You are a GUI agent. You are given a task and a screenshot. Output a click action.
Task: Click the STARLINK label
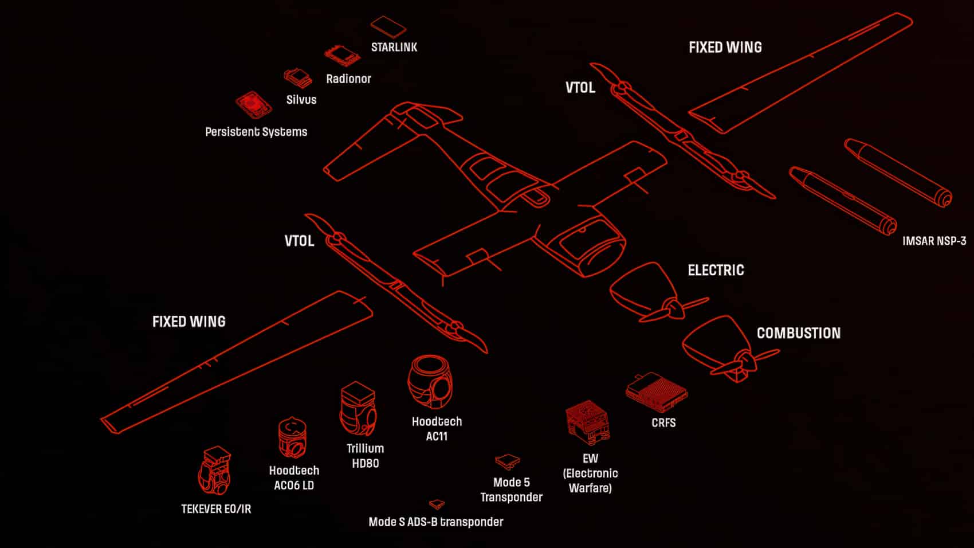click(394, 47)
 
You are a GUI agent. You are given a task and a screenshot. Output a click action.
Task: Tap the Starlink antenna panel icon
click(388, 26)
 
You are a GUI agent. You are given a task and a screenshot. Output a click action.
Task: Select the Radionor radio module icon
click(342, 56)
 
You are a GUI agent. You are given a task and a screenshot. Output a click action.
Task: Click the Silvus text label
click(301, 100)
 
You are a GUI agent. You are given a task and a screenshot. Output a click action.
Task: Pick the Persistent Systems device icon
click(253, 105)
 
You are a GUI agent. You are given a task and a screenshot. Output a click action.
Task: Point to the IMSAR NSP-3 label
click(934, 241)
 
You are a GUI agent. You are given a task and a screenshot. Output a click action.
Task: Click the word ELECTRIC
click(716, 270)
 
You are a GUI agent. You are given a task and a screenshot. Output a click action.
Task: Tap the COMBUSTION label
click(798, 333)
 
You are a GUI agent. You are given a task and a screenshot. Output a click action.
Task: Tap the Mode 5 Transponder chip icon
click(507, 461)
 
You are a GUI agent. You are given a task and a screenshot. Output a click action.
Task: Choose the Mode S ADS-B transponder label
click(435, 522)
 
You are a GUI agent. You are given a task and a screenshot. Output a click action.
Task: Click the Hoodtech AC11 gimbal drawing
click(431, 382)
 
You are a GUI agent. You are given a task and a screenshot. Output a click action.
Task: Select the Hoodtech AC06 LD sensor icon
click(292, 438)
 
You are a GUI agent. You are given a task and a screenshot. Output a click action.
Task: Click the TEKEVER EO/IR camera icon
click(215, 471)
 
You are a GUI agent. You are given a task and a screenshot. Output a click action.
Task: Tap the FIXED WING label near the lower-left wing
click(188, 322)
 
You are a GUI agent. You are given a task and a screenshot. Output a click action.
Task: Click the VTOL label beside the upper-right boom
click(580, 88)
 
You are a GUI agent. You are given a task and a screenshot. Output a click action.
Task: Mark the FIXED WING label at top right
click(725, 48)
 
